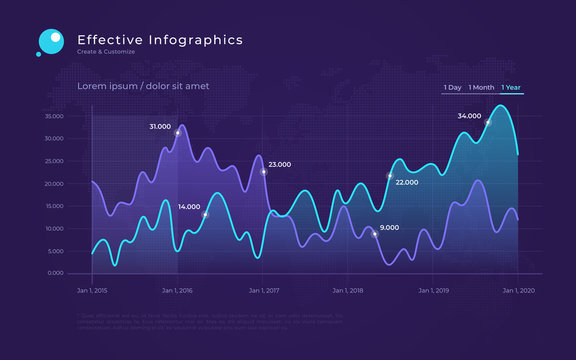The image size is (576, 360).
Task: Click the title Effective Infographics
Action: point(160,40)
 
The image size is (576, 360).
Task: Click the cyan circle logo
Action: point(50,41)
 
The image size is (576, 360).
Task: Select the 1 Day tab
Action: point(453,88)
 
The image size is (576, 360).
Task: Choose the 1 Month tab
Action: point(481,88)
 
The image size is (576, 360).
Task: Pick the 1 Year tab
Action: point(512,88)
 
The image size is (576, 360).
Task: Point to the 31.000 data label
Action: point(160,127)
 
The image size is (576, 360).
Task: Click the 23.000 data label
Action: point(280,165)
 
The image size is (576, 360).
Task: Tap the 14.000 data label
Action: point(189,207)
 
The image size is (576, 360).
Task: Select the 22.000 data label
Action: point(407,183)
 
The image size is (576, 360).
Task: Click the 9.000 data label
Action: point(390,228)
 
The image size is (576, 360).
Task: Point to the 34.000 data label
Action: point(469,116)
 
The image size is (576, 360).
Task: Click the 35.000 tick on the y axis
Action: point(54,116)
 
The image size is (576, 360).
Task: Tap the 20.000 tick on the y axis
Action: point(54,184)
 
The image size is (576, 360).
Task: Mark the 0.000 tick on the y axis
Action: point(56,273)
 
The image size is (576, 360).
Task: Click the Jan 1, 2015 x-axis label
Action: point(92,291)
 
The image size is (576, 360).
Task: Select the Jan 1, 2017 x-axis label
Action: point(263,291)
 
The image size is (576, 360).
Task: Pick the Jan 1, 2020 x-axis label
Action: point(519,291)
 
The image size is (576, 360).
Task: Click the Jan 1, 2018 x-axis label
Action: point(348,291)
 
